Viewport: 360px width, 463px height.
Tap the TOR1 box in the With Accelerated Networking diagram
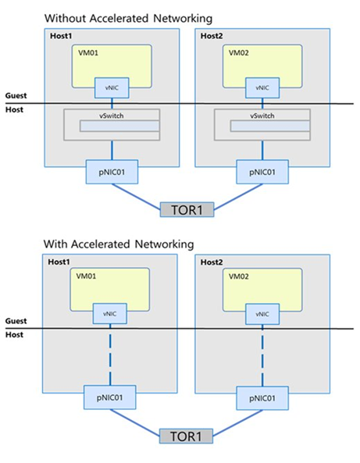[184, 435]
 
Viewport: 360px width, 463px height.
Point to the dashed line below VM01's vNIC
[110, 355]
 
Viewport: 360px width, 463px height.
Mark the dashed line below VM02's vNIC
[261, 355]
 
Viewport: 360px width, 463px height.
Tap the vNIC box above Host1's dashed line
[110, 312]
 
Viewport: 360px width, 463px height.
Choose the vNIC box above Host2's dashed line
[261, 312]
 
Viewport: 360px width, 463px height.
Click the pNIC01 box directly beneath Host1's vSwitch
[110, 171]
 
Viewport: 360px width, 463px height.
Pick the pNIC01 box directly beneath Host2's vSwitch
[261, 171]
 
